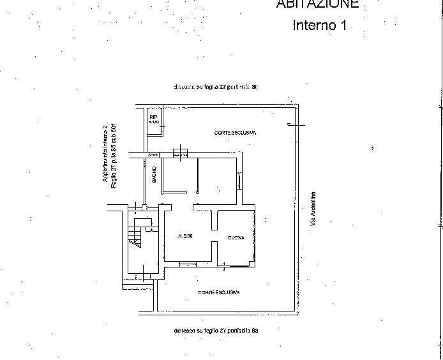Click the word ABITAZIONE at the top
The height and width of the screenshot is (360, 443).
point(317,4)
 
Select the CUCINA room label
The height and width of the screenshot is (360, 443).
point(236,238)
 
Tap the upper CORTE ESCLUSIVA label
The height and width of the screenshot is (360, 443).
point(234,133)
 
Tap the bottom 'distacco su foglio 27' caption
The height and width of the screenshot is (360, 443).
point(215,331)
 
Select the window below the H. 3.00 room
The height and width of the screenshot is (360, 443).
point(188,264)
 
